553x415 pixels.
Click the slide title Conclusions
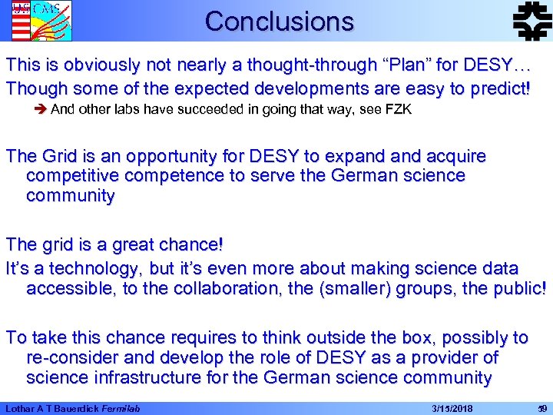click(279, 21)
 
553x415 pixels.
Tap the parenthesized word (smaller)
click(356, 288)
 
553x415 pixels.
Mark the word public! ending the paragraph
click(513, 288)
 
